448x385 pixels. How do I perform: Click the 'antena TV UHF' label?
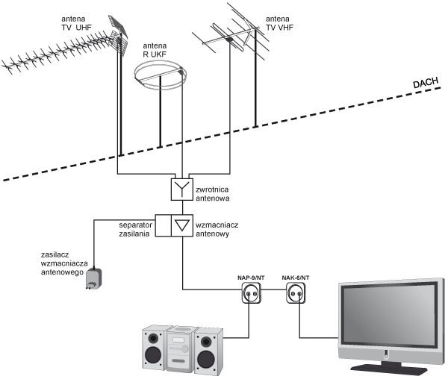pos(76,23)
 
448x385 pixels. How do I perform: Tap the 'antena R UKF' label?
pos(155,50)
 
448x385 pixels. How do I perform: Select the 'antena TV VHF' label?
pos(279,23)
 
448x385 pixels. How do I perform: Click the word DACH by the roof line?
pos(426,83)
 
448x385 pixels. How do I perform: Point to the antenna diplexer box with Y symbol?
pos(182,190)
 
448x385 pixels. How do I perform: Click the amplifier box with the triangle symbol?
pos(182,225)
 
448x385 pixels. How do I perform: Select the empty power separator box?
pos(163,225)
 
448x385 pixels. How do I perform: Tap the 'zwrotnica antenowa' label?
pos(212,194)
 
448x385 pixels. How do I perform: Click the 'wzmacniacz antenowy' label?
pos(217,229)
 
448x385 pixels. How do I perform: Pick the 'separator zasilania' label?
pos(135,229)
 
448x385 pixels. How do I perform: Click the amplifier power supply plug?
pos(94,278)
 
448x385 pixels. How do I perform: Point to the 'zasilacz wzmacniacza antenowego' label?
pos(64,263)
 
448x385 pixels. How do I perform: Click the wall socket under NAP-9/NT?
pos(252,293)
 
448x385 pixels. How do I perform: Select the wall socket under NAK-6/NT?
pos(296,293)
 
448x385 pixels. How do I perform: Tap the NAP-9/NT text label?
pos(251,278)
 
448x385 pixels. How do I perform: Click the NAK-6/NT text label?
pos(296,278)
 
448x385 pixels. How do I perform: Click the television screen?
pos(389,314)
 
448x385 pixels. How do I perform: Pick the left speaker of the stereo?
pos(155,348)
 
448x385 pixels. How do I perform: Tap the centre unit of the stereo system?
pos(181,349)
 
